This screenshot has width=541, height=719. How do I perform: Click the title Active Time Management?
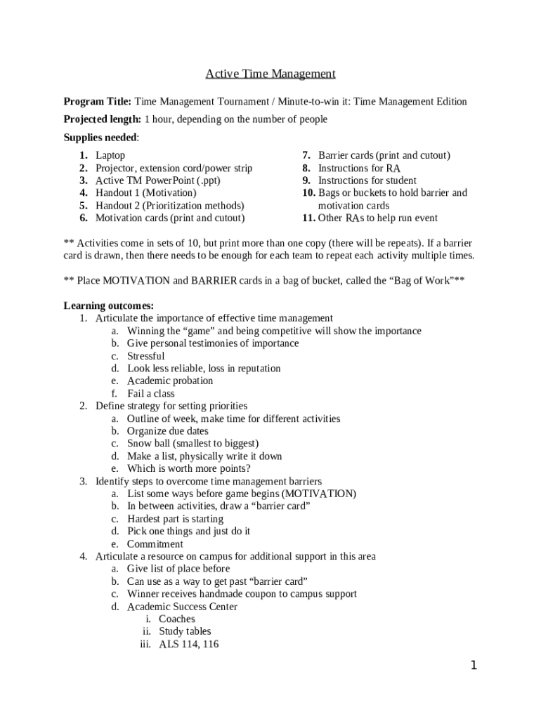point(270,74)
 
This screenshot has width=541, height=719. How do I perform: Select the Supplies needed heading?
point(101,137)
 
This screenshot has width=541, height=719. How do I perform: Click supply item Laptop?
point(110,155)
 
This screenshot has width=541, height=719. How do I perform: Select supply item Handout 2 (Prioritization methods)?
point(170,205)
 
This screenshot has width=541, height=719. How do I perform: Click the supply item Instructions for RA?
point(359,168)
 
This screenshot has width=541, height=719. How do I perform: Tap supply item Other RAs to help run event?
point(377,218)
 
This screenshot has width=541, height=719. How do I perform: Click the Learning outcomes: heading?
point(109,305)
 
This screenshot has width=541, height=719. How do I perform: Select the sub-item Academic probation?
point(170,381)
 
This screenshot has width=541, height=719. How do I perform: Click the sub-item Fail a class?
point(151,393)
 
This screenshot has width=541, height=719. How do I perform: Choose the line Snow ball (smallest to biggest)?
point(193,443)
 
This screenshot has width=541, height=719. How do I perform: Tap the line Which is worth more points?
point(189,468)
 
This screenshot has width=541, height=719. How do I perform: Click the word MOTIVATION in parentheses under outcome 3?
point(320,494)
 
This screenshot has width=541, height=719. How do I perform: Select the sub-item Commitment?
point(155,543)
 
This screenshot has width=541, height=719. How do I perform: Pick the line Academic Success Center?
point(182,606)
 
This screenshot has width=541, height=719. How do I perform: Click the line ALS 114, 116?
point(188,644)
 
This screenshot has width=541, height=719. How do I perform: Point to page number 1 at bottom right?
point(474,666)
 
